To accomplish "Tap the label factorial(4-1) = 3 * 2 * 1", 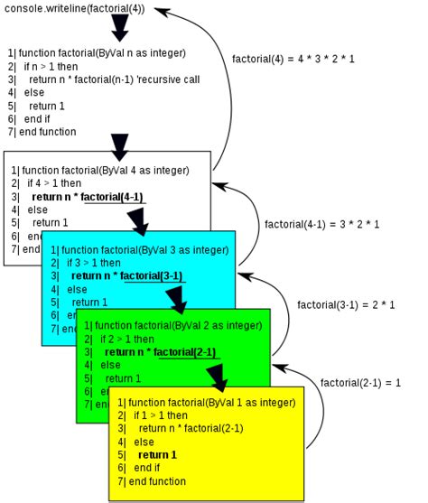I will [x=321, y=224].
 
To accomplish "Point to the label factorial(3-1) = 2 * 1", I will [x=346, y=305].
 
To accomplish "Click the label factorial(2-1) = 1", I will [x=360, y=383].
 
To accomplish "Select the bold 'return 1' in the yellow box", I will [x=156, y=454].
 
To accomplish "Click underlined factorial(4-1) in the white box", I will [x=112, y=196].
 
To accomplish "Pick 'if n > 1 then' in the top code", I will [x=51, y=66].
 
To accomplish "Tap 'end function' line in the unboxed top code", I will [x=47, y=131].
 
